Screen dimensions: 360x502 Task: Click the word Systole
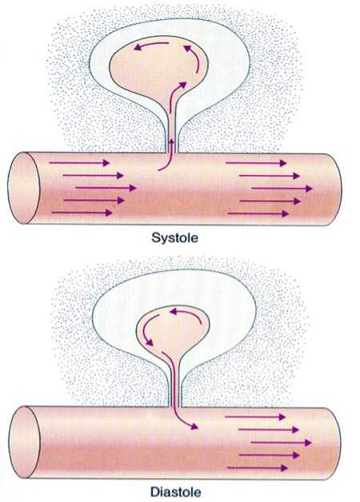[174, 238]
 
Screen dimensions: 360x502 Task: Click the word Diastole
[175, 492]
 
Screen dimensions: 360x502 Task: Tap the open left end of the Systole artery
[23, 188]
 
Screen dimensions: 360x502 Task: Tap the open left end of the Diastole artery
[24, 442]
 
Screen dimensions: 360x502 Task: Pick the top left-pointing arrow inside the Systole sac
[150, 45]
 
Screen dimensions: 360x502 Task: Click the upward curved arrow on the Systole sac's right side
[196, 58]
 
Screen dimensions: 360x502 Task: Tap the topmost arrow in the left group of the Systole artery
[79, 163]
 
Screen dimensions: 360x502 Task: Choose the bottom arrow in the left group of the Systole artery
[82, 213]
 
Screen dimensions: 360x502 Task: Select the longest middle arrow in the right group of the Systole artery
[282, 189]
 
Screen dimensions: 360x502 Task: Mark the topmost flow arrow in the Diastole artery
[255, 416]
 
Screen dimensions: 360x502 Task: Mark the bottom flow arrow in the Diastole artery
[258, 468]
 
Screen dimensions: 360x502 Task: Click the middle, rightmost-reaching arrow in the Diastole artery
[281, 443]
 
